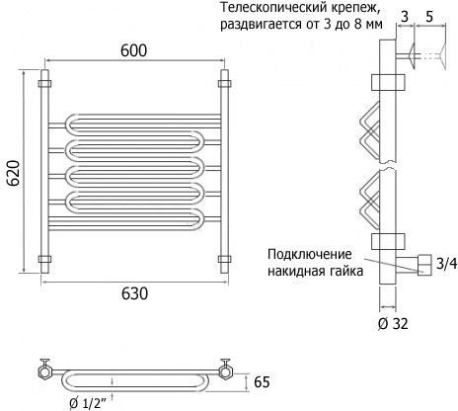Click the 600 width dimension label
tap(133, 50)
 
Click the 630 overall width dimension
tap(134, 293)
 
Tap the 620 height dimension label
tap(14, 173)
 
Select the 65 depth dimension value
tap(262, 382)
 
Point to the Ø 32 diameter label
tap(393, 324)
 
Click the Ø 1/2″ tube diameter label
tap(88, 403)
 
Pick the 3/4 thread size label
tap(447, 264)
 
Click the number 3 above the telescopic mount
tap(405, 17)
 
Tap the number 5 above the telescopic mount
tap(429, 17)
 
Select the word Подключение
tap(310, 255)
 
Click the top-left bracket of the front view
tap(44, 83)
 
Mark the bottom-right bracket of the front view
tap(224, 259)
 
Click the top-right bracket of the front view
tap(224, 83)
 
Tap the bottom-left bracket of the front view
tap(44, 259)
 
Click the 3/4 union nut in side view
tap(424, 265)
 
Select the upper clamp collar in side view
tap(388, 82)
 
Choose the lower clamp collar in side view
tap(388, 241)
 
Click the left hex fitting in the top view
tap(44, 372)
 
